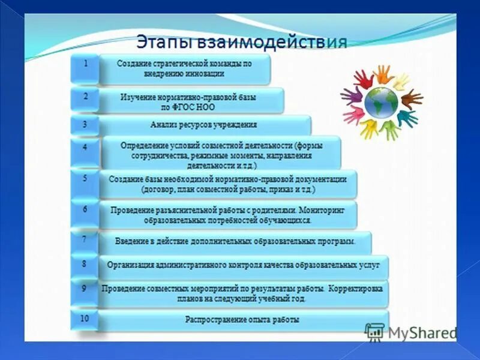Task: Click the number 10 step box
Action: point(85,319)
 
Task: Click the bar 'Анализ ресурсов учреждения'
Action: point(203,125)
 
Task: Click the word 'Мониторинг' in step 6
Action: point(326,210)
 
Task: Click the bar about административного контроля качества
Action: point(243,265)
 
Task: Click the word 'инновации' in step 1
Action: point(205,74)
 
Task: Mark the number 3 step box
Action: point(85,125)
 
